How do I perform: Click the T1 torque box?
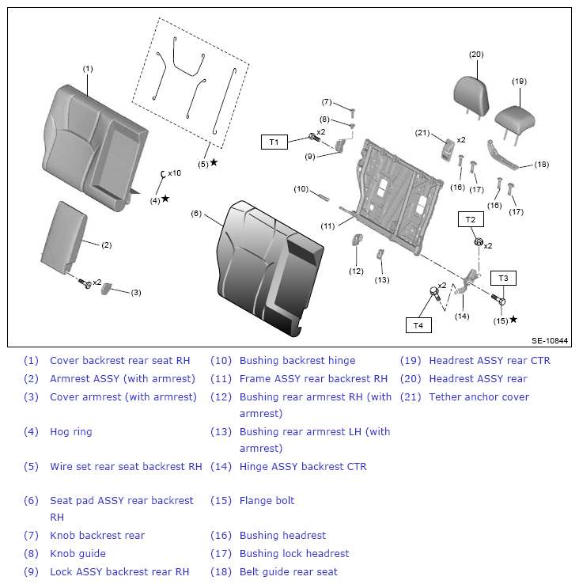coord(274,142)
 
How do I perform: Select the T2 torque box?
coord(471,219)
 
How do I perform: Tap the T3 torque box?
coord(503,278)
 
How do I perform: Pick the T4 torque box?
coord(418,325)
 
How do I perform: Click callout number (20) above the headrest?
coord(476,55)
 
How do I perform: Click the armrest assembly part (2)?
coord(63,235)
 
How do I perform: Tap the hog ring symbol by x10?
coord(162,174)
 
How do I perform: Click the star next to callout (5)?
coord(214,162)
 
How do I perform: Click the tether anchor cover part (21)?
coord(448,150)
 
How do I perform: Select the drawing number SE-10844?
coord(550,340)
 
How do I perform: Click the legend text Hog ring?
coord(70,431)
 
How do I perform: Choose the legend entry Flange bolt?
coord(267,500)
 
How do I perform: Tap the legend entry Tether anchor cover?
coord(479,396)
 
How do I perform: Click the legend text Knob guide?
coord(78,553)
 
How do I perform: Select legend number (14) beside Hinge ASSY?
coord(221,466)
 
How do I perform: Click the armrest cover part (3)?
coord(106,289)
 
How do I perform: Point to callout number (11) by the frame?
coord(327,226)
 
